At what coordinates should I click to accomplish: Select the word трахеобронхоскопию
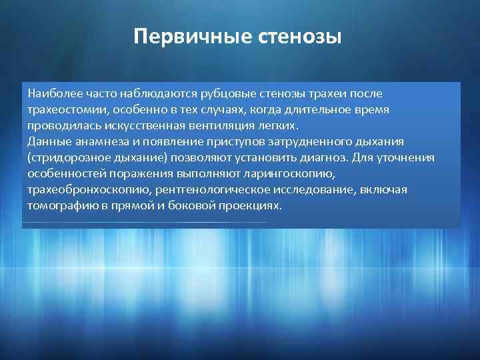(x=82, y=190)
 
